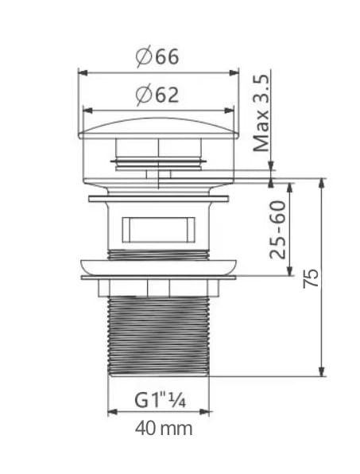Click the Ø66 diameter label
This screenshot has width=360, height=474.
157,56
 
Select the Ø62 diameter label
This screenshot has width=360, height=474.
157,95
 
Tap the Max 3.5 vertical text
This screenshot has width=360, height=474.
261,113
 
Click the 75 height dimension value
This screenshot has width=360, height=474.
311,278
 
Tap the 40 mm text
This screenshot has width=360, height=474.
164,429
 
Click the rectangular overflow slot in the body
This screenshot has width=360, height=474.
159,229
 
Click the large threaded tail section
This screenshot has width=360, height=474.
158,336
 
